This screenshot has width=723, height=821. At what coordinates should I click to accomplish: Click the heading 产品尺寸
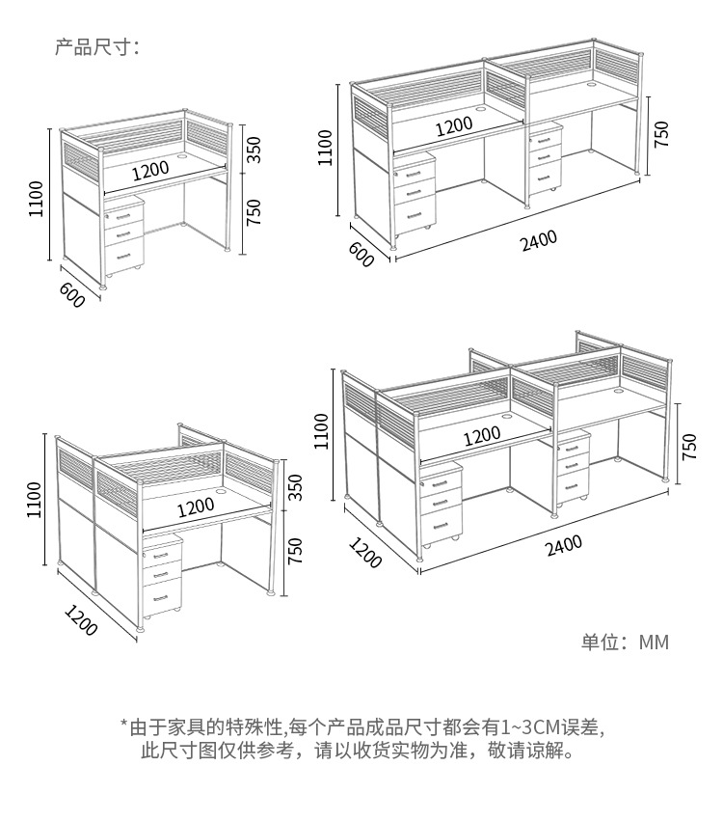coord(96,46)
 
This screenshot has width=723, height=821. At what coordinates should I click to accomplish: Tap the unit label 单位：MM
coord(624,643)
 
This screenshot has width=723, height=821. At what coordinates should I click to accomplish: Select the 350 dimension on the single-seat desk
coord(254,150)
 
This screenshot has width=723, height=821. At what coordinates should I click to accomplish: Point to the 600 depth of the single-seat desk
coord(72,295)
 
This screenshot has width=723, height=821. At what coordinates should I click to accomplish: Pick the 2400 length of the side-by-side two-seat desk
coord(539,241)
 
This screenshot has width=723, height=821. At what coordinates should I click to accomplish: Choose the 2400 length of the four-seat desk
coord(564,546)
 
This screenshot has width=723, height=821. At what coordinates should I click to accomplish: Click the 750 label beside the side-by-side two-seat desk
coord(661,134)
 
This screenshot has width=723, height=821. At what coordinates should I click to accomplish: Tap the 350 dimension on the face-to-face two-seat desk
coord(295,486)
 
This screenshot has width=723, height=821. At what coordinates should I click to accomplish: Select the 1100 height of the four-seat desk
coord(322,431)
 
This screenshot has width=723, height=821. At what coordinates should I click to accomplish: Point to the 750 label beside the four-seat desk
coord(689,446)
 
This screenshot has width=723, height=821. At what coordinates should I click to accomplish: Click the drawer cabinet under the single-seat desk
coord(123,237)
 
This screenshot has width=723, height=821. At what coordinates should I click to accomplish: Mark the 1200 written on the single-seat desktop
coord(150,170)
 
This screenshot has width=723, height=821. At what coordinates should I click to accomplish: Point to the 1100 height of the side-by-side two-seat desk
coord(325,147)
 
